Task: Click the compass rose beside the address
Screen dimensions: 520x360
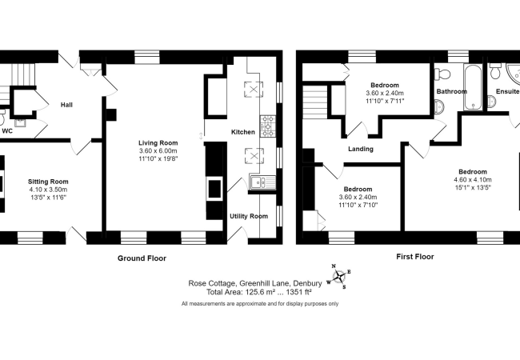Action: [x=339, y=276]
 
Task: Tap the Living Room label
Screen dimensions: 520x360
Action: [x=158, y=143]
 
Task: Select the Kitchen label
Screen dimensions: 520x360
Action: [x=243, y=132]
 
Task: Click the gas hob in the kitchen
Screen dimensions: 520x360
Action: [x=268, y=126]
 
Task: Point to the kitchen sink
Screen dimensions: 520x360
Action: [x=262, y=182]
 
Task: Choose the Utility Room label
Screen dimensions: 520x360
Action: [x=249, y=216]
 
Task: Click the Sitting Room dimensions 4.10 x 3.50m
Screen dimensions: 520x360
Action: [x=48, y=190]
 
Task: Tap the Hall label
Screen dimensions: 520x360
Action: [x=66, y=105]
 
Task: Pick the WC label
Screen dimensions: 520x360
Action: [x=7, y=131]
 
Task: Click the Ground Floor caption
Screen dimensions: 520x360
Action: [x=142, y=258]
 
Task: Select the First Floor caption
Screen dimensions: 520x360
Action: [x=415, y=257]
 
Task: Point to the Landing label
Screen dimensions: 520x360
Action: [x=361, y=149]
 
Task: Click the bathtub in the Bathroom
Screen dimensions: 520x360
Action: [x=473, y=87]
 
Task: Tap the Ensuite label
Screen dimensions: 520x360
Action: [x=507, y=91]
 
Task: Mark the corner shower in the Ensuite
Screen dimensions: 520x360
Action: [x=513, y=73]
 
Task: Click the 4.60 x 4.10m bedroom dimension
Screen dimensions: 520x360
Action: [x=473, y=180]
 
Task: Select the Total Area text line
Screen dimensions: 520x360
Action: [x=259, y=292]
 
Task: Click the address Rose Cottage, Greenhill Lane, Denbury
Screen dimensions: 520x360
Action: [x=255, y=283]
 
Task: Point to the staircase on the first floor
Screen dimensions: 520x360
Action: [x=315, y=102]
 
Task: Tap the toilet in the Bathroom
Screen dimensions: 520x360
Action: [x=442, y=74]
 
